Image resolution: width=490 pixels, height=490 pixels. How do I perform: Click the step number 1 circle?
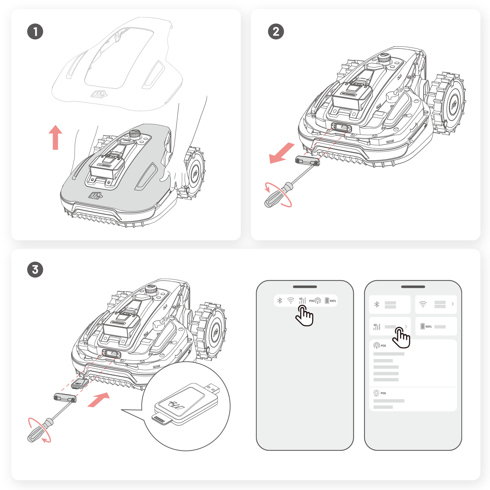[x=35, y=32]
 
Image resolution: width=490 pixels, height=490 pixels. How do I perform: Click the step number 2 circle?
[x=276, y=32]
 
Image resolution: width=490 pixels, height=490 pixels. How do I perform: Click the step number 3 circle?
[x=35, y=269]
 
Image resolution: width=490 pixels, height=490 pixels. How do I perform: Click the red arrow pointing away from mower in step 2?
[x=281, y=153]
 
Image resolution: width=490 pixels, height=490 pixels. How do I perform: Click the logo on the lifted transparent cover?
[x=99, y=94]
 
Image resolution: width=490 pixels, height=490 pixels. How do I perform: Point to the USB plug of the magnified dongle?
[x=212, y=389]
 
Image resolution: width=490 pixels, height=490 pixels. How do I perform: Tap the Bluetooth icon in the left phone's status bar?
[x=280, y=301]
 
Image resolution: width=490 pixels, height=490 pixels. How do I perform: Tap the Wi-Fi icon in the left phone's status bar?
[x=291, y=301]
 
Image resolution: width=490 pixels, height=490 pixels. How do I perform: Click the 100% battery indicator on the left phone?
[x=330, y=301]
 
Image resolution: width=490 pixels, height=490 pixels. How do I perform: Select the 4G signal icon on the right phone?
[x=377, y=327]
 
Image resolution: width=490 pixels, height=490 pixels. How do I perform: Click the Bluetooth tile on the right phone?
[x=389, y=304]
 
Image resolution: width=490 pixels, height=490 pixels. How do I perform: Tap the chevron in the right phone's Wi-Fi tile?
[x=453, y=304]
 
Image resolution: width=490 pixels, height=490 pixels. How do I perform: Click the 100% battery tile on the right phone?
[x=436, y=326]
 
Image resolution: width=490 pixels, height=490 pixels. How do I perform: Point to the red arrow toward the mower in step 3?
[x=99, y=400]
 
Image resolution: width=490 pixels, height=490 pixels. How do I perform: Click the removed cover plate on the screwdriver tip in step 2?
[x=307, y=160]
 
